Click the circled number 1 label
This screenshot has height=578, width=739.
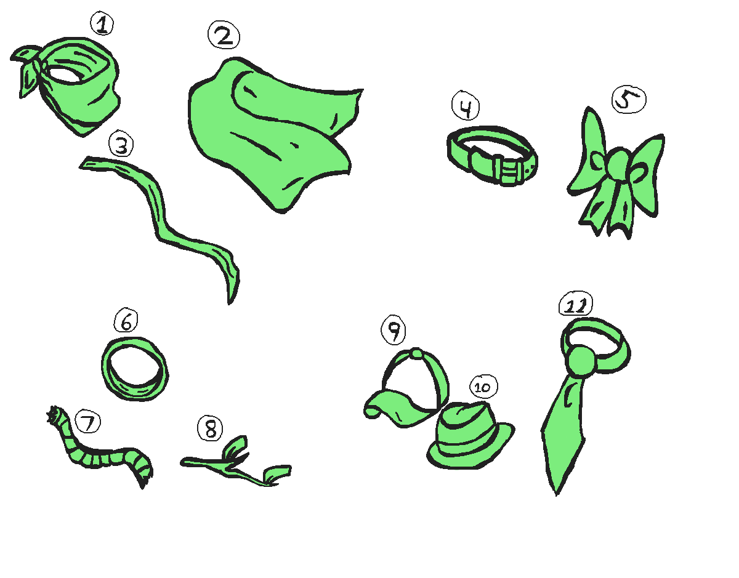(102, 25)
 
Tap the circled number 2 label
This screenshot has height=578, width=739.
(223, 36)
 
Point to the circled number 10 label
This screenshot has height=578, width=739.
(483, 388)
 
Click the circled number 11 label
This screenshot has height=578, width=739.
(575, 305)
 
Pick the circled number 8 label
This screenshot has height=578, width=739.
(211, 428)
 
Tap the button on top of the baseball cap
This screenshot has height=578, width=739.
(417, 354)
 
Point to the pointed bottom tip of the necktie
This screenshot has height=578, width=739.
(556, 489)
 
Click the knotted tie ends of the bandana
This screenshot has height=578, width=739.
(28, 68)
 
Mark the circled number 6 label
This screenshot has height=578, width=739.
(126, 321)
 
